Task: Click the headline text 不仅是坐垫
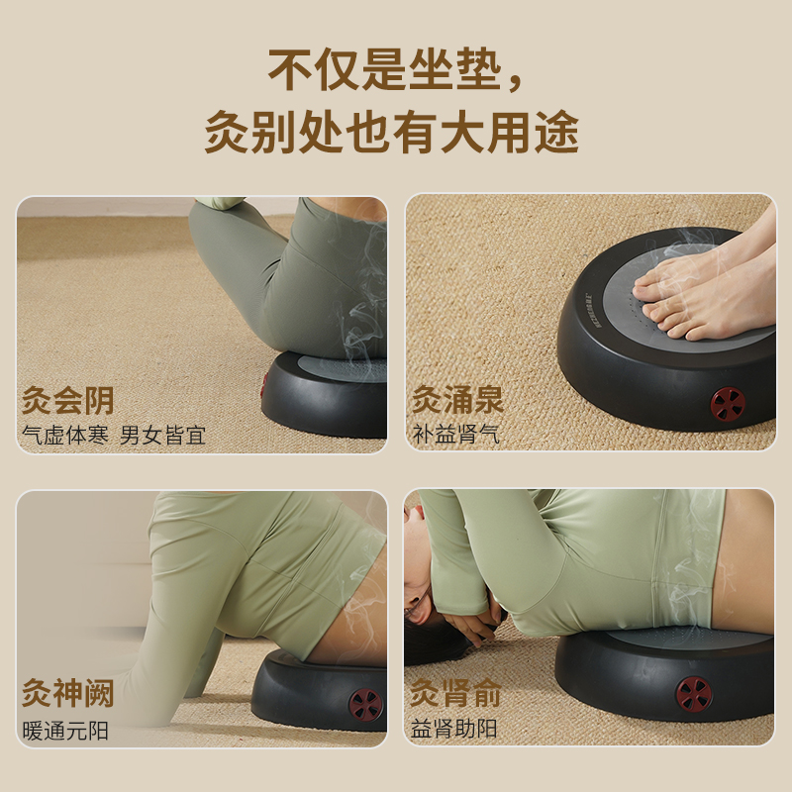[385, 69]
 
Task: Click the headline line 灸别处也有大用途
[392, 132]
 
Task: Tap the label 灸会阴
[67, 401]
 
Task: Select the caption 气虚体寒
[65, 435]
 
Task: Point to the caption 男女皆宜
[162, 435]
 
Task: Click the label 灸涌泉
[458, 400]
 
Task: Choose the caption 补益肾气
[456, 434]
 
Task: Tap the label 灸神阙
[67, 693]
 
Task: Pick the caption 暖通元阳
[65, 731]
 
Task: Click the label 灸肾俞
[455, 692]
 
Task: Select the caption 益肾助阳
[453, 729]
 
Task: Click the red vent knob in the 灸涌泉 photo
[728, 404]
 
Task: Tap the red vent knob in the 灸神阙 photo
[365, 704]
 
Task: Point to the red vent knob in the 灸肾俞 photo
[694, 695]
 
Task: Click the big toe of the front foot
[658, 311]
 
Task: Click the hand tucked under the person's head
[472, 626]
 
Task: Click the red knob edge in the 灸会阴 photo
[263, 385]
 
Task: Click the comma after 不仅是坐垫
[515, 84]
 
